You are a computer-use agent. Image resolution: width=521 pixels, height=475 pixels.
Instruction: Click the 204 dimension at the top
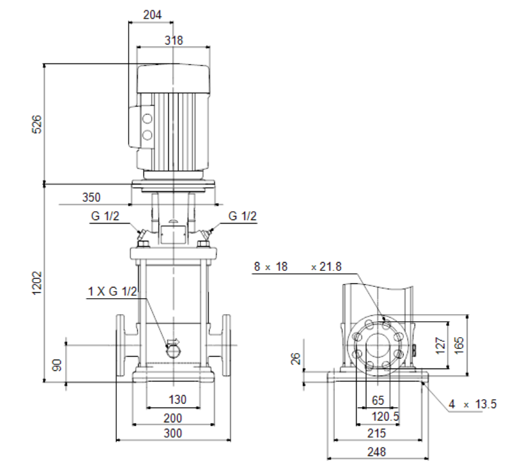point(152,15)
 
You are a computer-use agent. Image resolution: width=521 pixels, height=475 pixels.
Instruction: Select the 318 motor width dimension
point(174,40)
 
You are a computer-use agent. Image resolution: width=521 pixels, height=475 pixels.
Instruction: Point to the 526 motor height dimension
point(37,124)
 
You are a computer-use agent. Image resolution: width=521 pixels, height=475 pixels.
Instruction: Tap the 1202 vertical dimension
point(37,283)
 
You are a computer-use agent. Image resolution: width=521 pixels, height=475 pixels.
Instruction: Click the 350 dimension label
point(92,197)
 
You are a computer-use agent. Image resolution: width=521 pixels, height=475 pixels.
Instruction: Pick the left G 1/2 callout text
point(105,216)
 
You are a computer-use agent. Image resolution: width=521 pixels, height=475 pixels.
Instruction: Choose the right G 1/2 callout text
point(243,216)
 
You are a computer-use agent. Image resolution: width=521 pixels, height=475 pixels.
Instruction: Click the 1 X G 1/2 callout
point(112,292)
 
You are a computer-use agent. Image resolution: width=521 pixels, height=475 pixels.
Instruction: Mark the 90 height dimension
point(57,365)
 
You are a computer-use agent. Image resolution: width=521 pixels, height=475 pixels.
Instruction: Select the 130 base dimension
point(177,399)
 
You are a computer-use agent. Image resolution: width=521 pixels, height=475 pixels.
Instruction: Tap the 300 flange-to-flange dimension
point(172,433)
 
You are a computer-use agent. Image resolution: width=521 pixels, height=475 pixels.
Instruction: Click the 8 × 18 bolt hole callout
point(271,266)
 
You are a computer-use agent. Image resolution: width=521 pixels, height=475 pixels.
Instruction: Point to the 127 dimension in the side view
point(440,345)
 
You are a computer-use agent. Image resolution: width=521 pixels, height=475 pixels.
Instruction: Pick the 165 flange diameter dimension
point(458,345)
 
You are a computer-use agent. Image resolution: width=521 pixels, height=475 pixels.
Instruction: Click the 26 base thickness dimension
point(296,358)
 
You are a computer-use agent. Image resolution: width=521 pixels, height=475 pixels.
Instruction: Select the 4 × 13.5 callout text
point(473,404)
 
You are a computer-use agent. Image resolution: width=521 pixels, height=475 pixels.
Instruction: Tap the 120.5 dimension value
point(385,416)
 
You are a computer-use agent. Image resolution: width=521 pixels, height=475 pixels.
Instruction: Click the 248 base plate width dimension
point(377,452)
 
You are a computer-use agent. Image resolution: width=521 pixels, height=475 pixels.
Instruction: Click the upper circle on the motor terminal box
point(147,118)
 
